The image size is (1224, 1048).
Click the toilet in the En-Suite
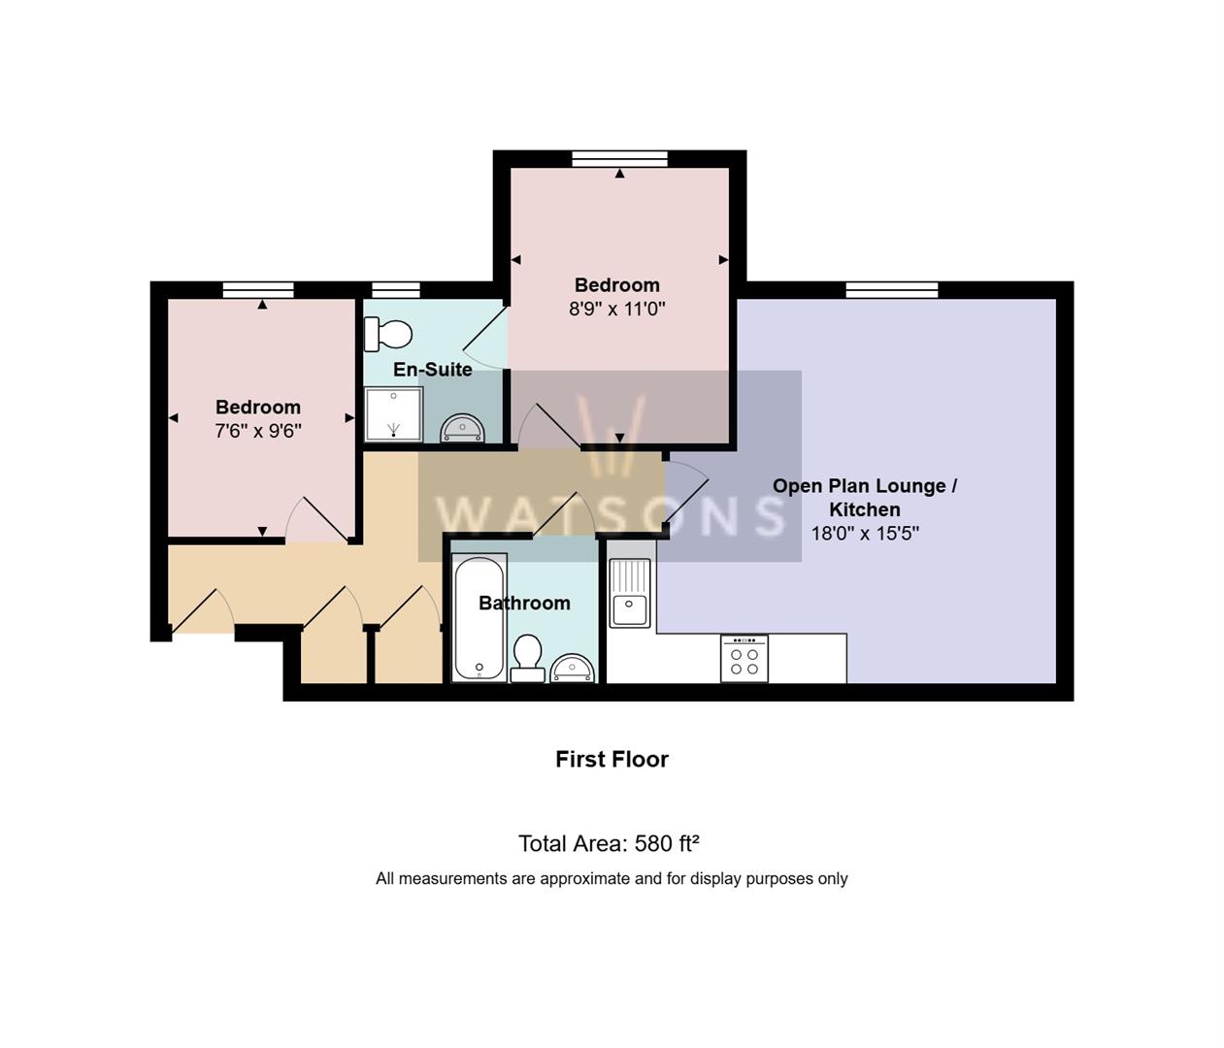pyautogui.click(x=387, y=335)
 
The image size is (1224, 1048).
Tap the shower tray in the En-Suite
pyautogui.click(x=393, y=414)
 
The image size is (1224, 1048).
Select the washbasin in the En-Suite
pyautogui.click(x=462, y=428)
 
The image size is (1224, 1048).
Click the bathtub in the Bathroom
pyautogui.click(x=480, y=617)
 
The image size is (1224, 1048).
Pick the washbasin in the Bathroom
pyautogui.click(x=573, y=669)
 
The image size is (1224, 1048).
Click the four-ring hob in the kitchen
pyautogui.click(x=744, y=659)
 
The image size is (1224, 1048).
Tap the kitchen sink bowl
pyautogui.click(x=630, y=610)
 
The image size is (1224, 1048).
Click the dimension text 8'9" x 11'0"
pyautogui.click(x=617, y=309)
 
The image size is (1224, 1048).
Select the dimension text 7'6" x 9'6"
pyautogui.click(x=258, y=431)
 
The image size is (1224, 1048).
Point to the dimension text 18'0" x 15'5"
pyautogui.click(x=865, y=534)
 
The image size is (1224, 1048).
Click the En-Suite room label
pyautogui.click(x=433, y=370)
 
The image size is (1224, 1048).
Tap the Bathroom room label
pyautogui.click(x=525, y=603)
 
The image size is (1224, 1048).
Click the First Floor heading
pyautogui.click(x=612, y=759)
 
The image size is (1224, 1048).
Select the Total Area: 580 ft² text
pyautogui.click(x=609, y=843)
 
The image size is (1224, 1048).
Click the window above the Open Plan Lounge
pyautogui.click(x=892, y=290)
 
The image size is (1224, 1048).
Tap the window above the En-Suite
pyautogui.click(x=396, y=290)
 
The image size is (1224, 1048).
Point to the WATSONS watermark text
pyautogui.click(x=611, y=514)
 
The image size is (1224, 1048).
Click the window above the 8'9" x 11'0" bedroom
pyautogui.click(x=620, y=159)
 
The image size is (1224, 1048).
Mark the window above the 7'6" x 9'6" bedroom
pyautogui.click(x=258, y=290)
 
